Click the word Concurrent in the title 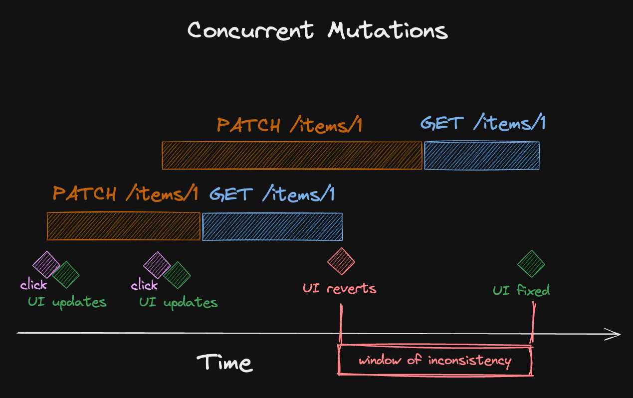pyautogui.click(x=250, y=30)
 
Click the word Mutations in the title pyautogui.click(x=388, y=31)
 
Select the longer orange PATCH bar pyautogui.click(x=292, y=156)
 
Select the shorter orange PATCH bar pyautogui.click(x=123, y=226)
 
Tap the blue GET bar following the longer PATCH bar pyautogui.click(x=481, y=156)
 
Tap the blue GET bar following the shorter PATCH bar pyautogui.click(x=272, y=226)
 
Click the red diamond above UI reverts pyautogui.click(x=341, y=261)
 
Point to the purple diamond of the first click pyautogui.click(x=46, y=264)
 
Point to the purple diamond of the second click pyautogui.click(x=157, y=265)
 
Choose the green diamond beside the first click pyautogui.click(x=66, y=275)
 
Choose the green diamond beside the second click pyautogui.click(x=177, y=275)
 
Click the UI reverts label pyautogui.click(x=339, y=288)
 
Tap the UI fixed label pyautogui.click(x=521, y=290)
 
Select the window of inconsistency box pyautogui.click(x=435, y=361)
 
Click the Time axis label pyautogui.click(x=224, y=363)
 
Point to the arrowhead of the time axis pyautogui.click(x=615, y=334)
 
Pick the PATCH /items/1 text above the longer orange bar pyautogui.click(x=289, y=125)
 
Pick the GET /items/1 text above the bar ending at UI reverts pyautogui.click(x=272, y=194)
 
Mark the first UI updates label pyautogui.click(x=67, y=302)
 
